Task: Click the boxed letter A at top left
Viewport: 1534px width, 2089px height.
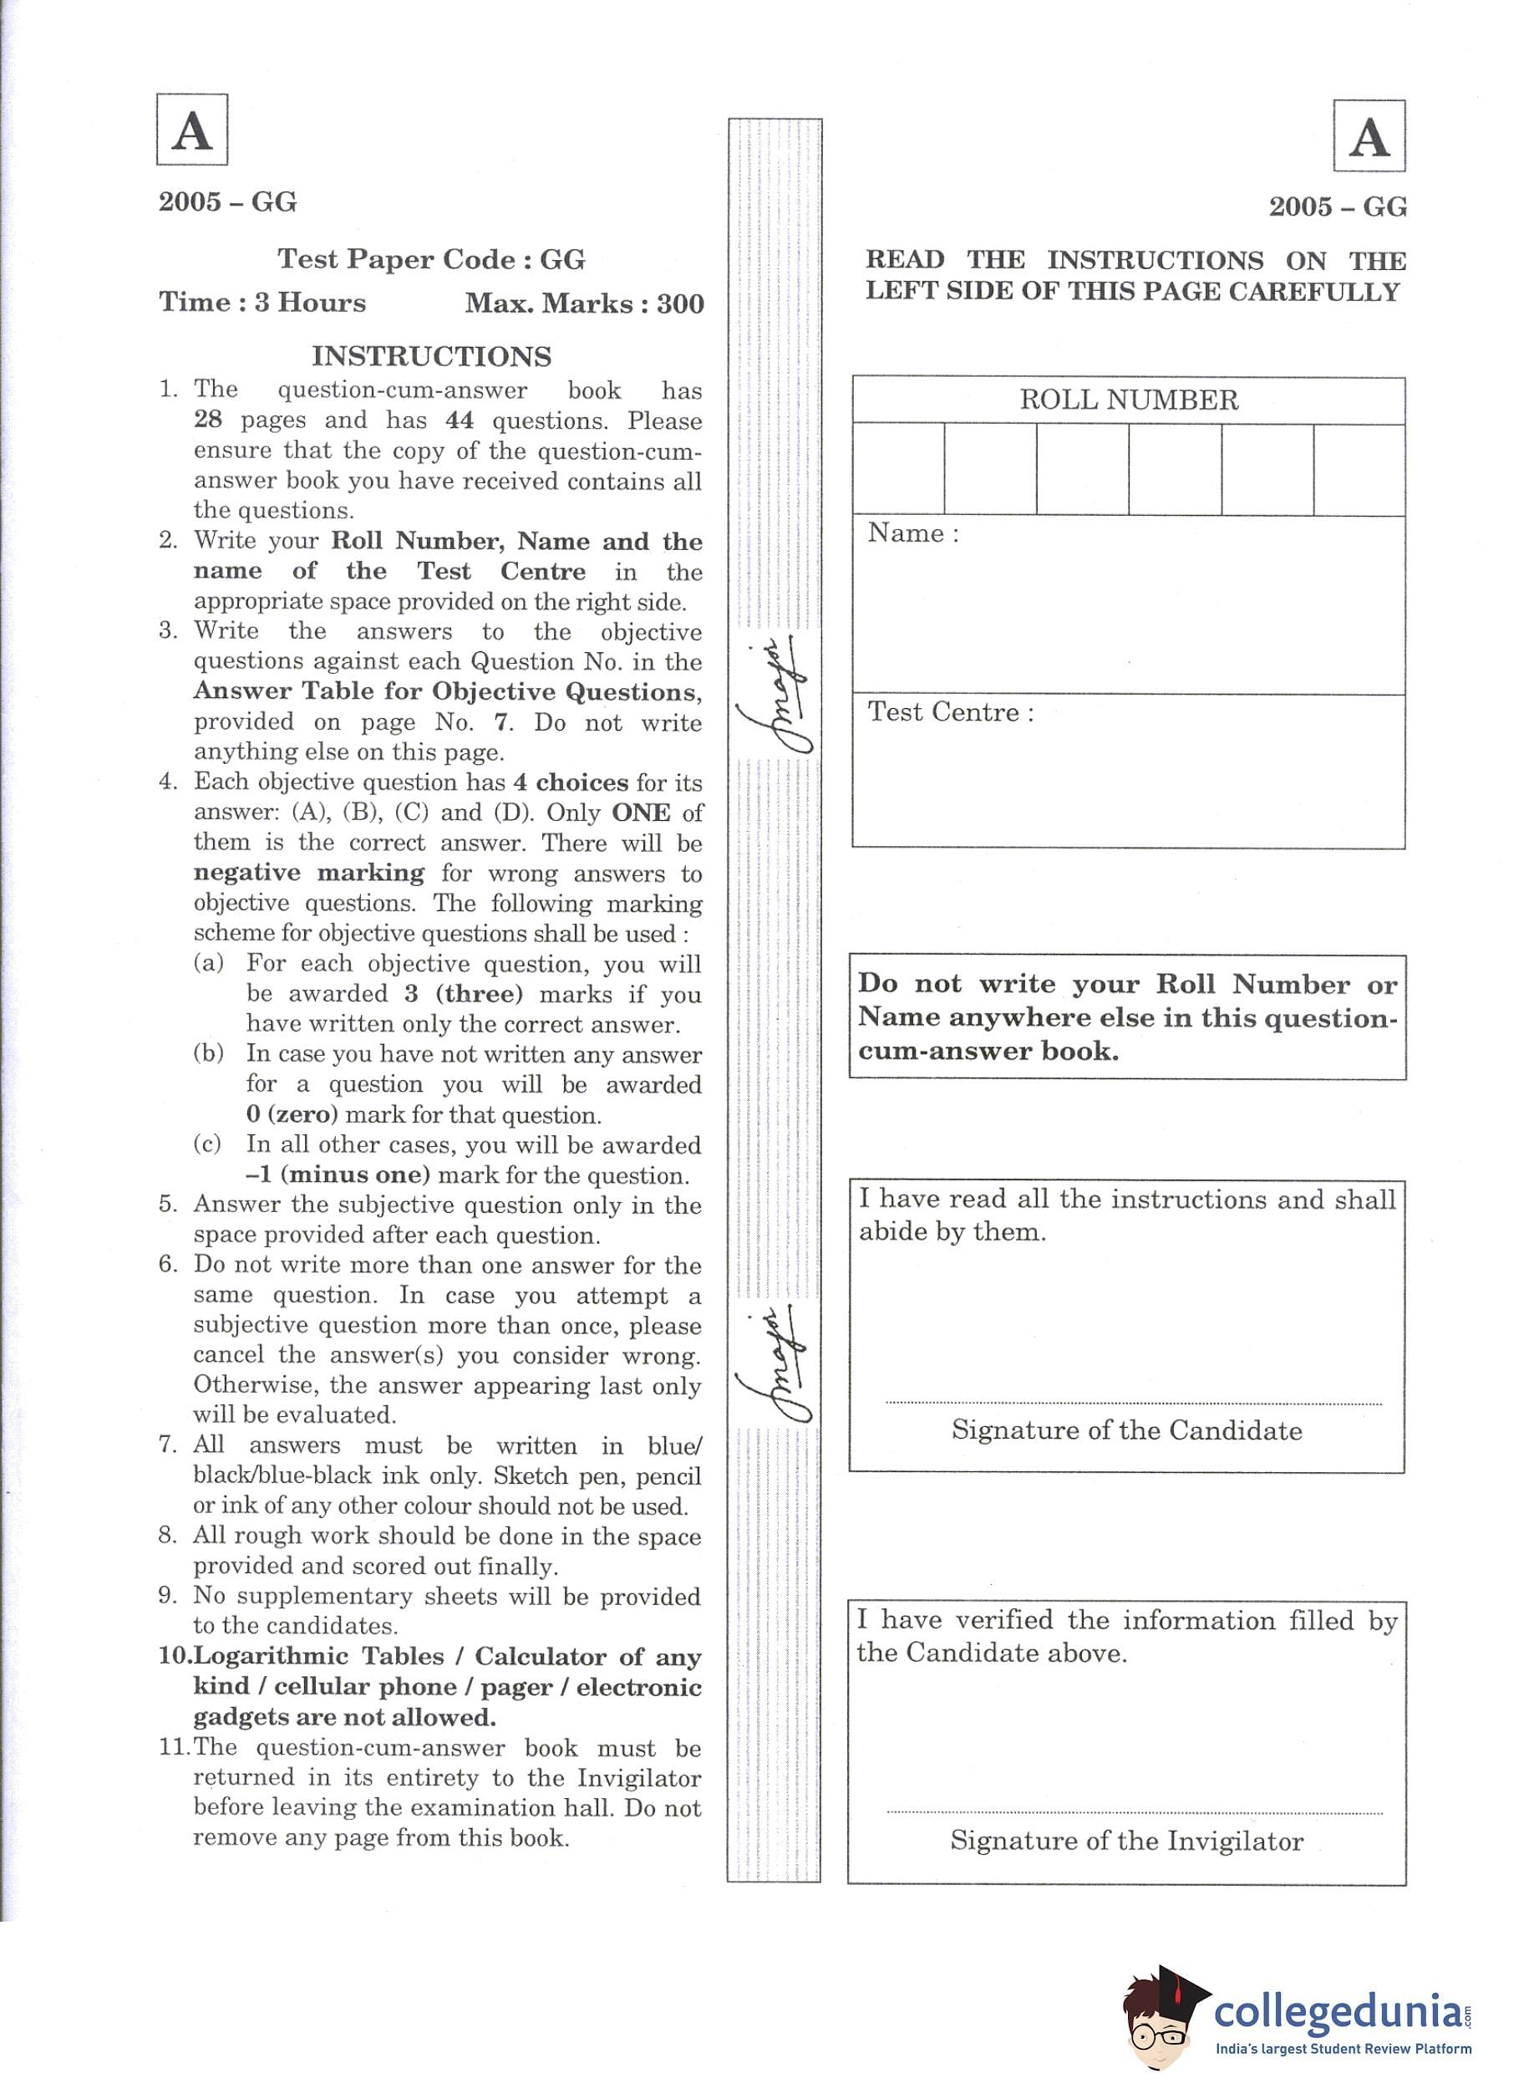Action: coord(192,130)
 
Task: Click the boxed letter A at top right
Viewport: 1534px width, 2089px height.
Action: coord(1369,136)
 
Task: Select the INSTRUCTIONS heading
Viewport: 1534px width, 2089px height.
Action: coord(431,357)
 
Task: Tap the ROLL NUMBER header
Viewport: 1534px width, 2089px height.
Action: coord(1128,400)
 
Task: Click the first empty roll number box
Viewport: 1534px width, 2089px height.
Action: coord(898,469)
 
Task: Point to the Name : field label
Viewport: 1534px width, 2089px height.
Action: coord(912,534)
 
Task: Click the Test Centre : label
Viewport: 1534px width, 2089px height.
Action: coord(950,712)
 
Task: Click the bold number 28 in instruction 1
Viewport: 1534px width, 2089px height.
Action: coord(208,420)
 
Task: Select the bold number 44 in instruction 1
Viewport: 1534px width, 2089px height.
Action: coord(460,420)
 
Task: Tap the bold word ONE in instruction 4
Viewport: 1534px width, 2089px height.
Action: coord(641,813)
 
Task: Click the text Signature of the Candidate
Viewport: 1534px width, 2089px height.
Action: coord(1126,1430)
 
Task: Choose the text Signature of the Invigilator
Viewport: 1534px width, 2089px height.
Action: coord(1126,1841)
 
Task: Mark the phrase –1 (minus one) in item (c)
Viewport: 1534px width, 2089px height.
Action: coord(338,1176)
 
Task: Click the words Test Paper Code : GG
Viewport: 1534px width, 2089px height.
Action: coord(432,259)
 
